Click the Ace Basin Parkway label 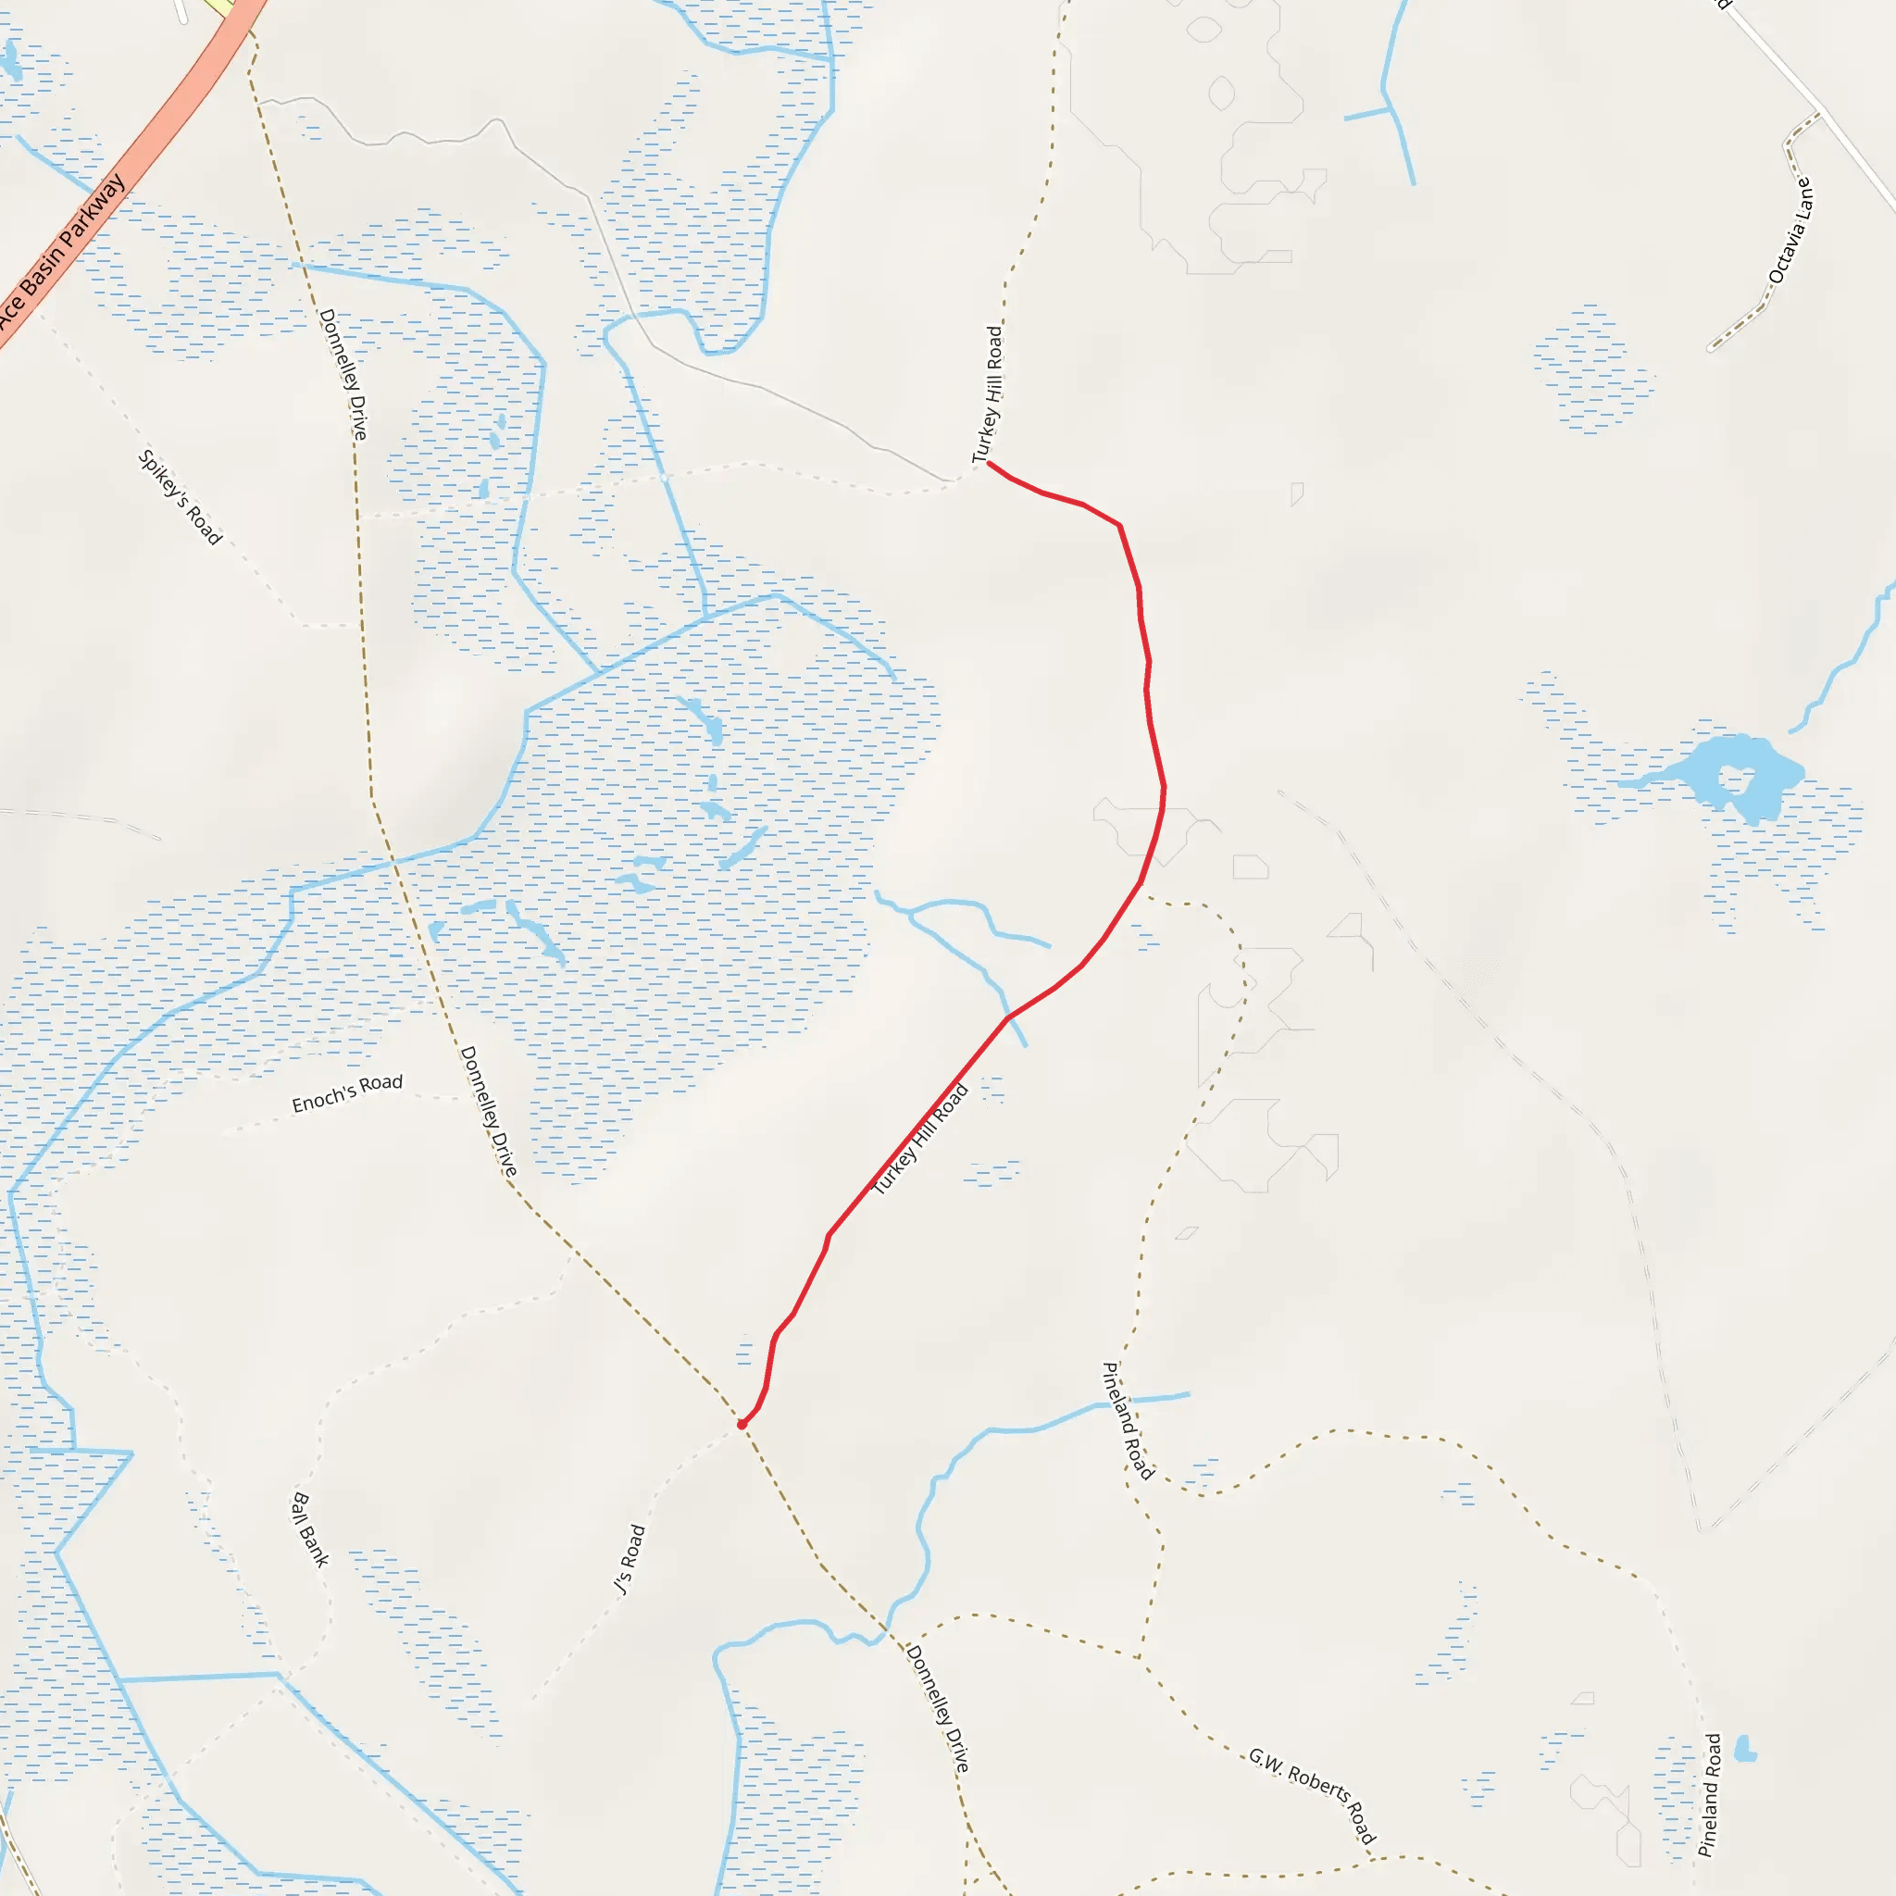(x=61, y=253)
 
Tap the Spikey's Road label (x=180, y=496)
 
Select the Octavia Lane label (x=1790, y=231)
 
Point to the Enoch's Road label (x=347, y=1093)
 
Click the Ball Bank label (x=310, y=1529)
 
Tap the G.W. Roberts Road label (x=1312, y=1795)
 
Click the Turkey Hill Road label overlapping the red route (x=919, y=1140)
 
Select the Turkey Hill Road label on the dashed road (x=987, y=394)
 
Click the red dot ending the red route (x=742, y=1424)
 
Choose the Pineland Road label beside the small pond (x=1711, y=1795)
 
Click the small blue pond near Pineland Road (x=1744, y=1748)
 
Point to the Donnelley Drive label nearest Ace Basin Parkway (x=343, y=375)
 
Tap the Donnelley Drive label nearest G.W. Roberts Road (x=937, y=1709)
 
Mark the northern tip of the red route (x=988, y=462)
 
